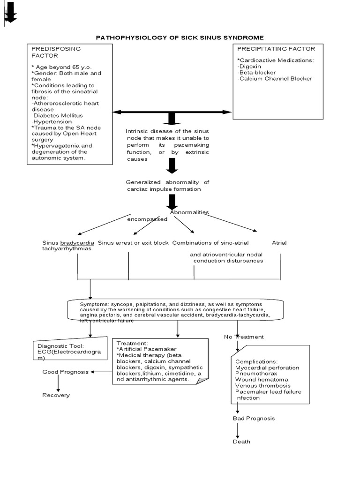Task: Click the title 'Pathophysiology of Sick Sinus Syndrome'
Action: pyautogui.click(x=180, y=37)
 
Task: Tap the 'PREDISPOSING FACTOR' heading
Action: pyautogui.click(x=56, y=52)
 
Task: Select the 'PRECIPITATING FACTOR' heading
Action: pyautogui.click(x=276, y=49)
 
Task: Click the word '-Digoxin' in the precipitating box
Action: pyautogui.click(x=249, y=67)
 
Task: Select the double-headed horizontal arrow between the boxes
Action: pyautogui.click(x=172, y=112)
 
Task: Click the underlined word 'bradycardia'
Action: pyautogui.click(x=77, y=243)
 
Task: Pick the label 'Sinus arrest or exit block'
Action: pyautogui.click(x=133, y=243)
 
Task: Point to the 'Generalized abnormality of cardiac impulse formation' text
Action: pyautogui.click(x=167, y=185)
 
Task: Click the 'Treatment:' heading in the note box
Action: pyautogui.click(x=132, y=343)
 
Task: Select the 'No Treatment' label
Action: pyautogui.click(x=244, y=337)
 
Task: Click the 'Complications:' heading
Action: pyautogui.click(x=256, y=361)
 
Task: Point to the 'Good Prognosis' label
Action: pyautogui.click(x=66, y=372)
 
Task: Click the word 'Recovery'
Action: pyautogui.click(x=56, y=395)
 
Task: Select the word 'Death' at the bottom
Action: pyautogui.click(x=241, y=442)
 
